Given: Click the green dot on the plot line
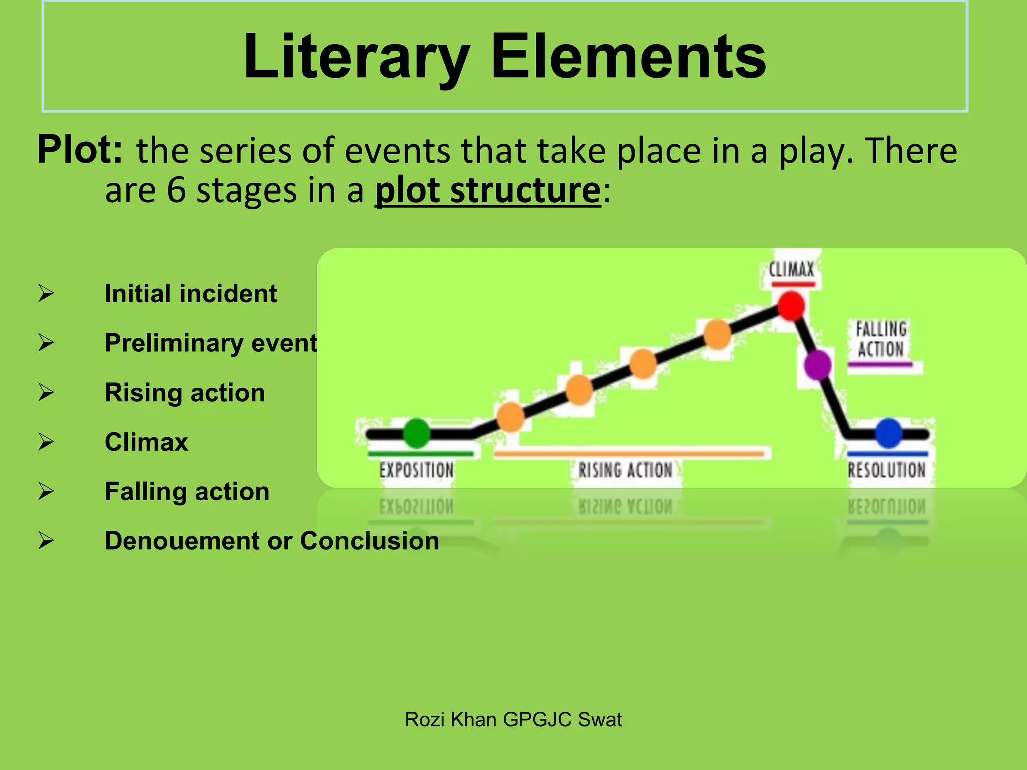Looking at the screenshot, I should (x=417, y=433).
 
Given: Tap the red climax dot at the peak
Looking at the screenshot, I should (x=791, y=306).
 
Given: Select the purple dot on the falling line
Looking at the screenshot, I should (x=818, y=365).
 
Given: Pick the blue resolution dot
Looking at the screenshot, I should (x=889, y=433).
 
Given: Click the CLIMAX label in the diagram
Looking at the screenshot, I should (x=792, y=270).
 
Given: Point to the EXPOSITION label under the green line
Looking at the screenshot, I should (x=417, y=470).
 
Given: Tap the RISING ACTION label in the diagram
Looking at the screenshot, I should (x=625, y=470).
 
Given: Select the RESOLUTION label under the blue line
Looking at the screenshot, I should (x=887, y=470).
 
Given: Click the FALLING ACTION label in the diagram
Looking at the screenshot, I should (x=881, y=339).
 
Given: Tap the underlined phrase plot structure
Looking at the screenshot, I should (x=487, y=190).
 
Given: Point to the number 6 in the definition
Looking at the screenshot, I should (x=176, y=190).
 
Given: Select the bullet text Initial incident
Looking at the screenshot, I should (x=191, y=294).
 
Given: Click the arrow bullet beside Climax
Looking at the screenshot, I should (x=46, y=442).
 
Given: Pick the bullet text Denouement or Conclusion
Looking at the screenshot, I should (x=272, y=541).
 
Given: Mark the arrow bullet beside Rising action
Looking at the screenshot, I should (x=46, y=392).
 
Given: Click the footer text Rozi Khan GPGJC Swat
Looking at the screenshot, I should (x=513, y=720).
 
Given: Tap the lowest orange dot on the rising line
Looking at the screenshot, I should (x=510, y=417).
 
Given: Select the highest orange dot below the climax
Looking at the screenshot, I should (x=717, y=335).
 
